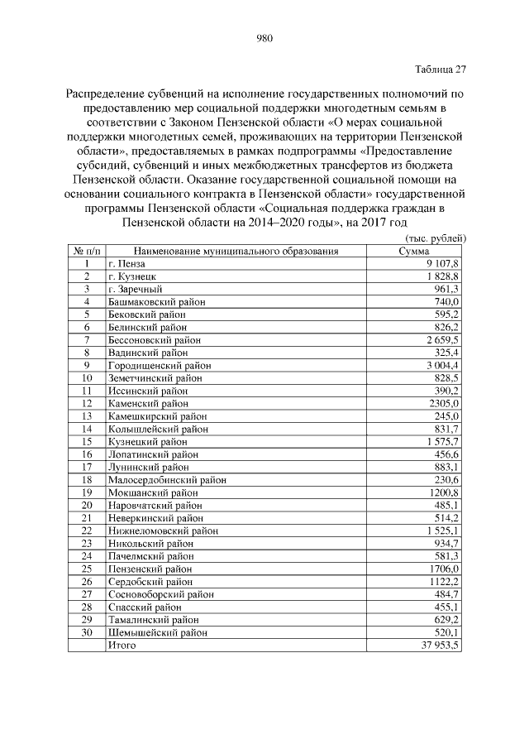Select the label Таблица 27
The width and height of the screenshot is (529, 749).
tap(439, 69)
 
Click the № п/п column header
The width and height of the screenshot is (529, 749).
tap(86, 251)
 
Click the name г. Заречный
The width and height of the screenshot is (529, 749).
tap(135, 289)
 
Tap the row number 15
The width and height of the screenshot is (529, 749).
tap(86, 441)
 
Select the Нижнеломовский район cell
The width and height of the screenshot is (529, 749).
tap(163, 530)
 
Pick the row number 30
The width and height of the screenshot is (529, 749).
tap(86, 632)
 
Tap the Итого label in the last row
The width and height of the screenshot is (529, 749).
tap(122, 645)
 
